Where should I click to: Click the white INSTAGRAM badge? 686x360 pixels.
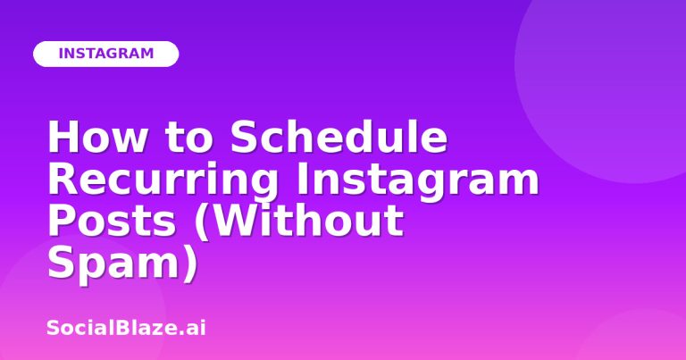click(x=106, y=54)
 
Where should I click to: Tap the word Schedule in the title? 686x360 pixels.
click(x=339, y=136)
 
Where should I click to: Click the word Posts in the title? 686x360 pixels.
click(x=112, y=221)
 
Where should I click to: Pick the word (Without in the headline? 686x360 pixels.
click(x=299, y=221)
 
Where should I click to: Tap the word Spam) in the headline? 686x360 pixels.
click(x=122, y=264)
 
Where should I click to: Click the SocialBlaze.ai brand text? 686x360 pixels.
click(x=126, y=328)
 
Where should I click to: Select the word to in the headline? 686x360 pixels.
click(x=189, y=138)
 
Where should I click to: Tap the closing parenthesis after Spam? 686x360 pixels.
click(x=191, y=264)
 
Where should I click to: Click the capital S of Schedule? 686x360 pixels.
click(x=243, y=136)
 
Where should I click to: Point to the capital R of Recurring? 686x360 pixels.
click(x=63, y=179)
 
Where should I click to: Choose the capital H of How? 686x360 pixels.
click(x=63, y=137)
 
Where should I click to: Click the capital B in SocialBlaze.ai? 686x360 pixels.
click(x=128, y=328)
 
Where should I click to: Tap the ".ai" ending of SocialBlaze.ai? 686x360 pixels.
click(x=193, y=329)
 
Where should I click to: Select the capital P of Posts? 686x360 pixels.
click(x=61, y=221)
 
